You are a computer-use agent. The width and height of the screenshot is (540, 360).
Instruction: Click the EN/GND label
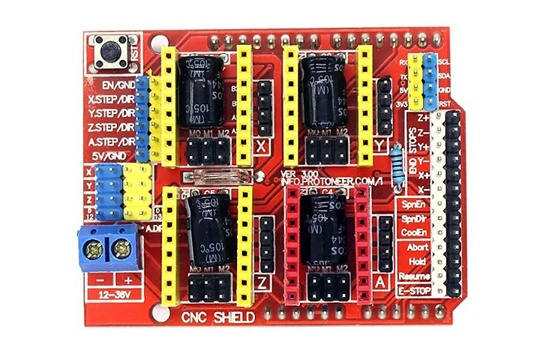115,85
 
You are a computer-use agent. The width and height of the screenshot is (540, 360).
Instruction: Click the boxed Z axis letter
262,283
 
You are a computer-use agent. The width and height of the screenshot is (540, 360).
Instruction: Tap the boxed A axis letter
381,283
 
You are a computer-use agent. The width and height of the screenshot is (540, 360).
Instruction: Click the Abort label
417,247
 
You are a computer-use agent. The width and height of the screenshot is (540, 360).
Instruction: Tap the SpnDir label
414,218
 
